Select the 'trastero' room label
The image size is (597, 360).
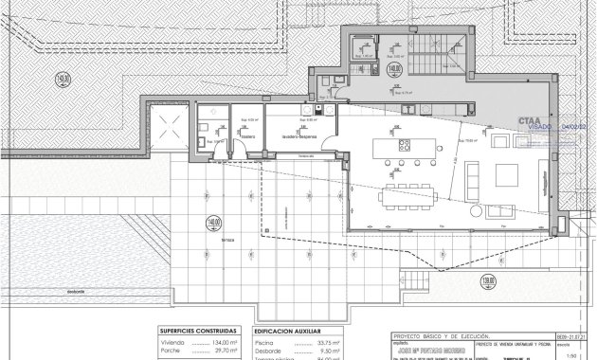[x=247, y=136]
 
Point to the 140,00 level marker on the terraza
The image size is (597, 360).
[x=213, y=225]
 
